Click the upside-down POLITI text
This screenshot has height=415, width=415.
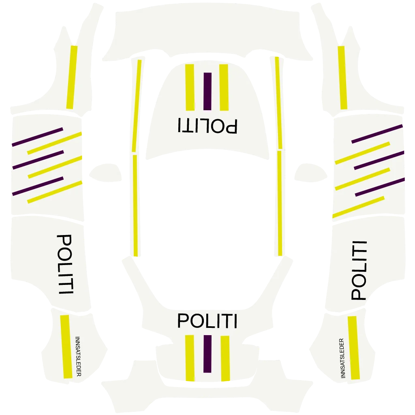(207, 126)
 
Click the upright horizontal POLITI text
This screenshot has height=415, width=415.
(207, 321)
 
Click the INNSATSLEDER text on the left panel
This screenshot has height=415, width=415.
(78, 356)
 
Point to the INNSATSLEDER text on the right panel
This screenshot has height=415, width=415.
(342, 358)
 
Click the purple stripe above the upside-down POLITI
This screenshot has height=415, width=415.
(207, 91)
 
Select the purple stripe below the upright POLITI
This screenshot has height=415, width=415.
(207, 354)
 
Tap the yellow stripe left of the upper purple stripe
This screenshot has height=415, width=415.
(190, 87)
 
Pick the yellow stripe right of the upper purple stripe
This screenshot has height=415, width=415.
(224, 87)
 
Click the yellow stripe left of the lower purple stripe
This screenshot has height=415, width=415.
(189, 358)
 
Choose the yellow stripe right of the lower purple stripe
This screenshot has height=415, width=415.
(225, 358)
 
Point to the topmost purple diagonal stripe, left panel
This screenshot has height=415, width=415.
(37, 137)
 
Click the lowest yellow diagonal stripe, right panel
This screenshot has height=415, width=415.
(358, 207)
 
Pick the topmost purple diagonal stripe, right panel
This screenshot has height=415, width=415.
(377, 134)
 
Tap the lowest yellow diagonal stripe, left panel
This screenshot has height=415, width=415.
(55, 192)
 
